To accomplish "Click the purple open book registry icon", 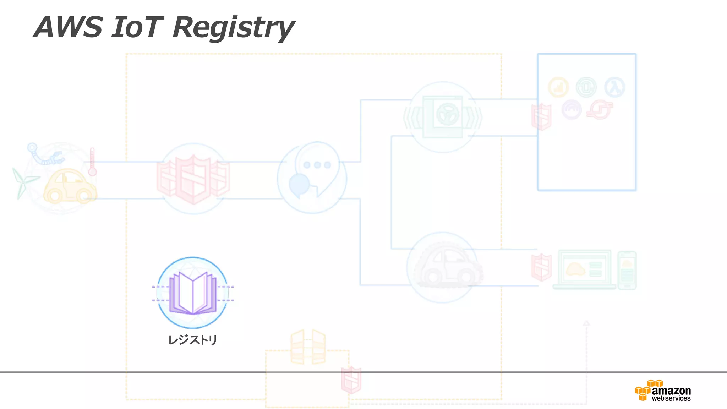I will (x=193, y=293).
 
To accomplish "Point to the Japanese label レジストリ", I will (x=192, y=340).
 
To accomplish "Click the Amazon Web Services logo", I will (x=663, y=391).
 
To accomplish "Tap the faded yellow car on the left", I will (x=70, y=186).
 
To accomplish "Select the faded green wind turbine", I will (x=23, y=182).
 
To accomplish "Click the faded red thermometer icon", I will (x=92, y=162).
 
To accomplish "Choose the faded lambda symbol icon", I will (x=614, y=87).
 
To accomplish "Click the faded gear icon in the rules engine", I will (x=447, y=114).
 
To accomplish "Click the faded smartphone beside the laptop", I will (x=627, y=270).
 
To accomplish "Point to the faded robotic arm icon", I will (x=44, y=155).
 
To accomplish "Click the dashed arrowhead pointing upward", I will (x=586, y=323).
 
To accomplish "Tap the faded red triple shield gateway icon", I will (x=193, y=179).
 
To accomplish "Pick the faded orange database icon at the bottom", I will (x=308, y=347).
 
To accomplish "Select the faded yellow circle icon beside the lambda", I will (x=558, y=87).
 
